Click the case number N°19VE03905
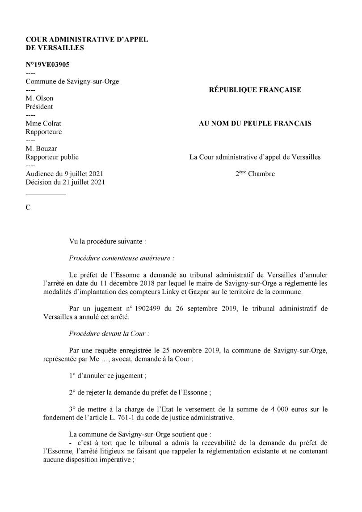tap(47, 64)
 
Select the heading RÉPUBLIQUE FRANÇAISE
tap(255, 90)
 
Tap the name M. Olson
tap(39, 98)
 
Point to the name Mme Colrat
tap(43, 123)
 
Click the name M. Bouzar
tap(41, 148)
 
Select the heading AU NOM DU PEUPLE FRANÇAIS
tap(255, 123)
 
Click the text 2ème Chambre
tap(255, 174)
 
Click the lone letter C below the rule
tap(28, 208)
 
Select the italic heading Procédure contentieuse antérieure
tap(122, 258)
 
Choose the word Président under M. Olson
tap(39, 107)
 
